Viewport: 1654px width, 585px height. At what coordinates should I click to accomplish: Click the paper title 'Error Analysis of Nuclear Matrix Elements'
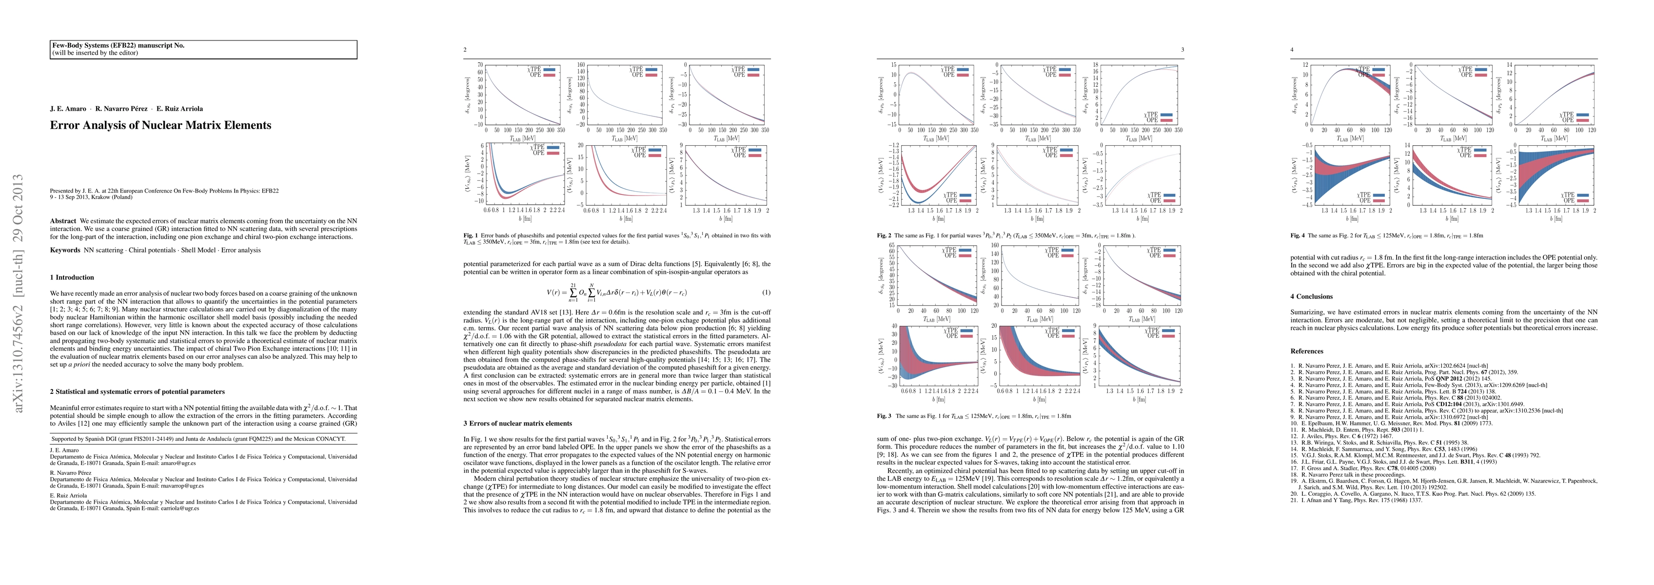tap(160, 125)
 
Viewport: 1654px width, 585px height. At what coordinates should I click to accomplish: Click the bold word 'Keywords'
tap(65, 250)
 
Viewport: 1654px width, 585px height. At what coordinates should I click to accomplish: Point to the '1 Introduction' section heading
tap(72, 277)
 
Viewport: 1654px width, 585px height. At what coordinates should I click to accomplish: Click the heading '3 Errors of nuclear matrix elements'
tap(517, 424)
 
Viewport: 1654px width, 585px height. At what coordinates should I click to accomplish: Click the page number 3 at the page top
tap(1182, 49)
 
